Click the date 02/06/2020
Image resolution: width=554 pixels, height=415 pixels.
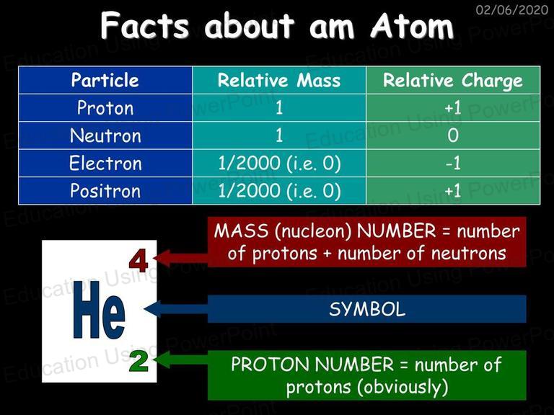pos(512,9)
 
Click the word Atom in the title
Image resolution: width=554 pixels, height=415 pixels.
pos(412,26)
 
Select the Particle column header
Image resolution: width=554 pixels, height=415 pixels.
pos(105,80)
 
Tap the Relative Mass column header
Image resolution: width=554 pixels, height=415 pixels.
pos(279,80)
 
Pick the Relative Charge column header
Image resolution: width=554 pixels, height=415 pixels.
pos(453,81)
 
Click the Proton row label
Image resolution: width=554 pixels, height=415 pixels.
pos(105,107)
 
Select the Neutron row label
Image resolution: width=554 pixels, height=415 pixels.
pos(105,135)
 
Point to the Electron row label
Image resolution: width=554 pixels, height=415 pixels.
pos(105,164)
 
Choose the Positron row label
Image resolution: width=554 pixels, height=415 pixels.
pos(105,191)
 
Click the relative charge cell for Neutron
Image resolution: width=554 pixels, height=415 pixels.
pos(453,135)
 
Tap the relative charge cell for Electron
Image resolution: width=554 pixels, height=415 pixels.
pos(453,164)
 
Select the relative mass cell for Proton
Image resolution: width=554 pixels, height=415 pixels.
pos(279,107)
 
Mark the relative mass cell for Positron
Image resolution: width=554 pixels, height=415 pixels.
pos(279,191)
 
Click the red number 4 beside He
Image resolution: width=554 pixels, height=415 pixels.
pos(138,261)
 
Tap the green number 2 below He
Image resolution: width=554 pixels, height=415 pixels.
pos(138,362)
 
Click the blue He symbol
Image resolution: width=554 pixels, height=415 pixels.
pos(99,310)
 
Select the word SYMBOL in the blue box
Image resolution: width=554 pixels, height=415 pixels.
pos(367,310)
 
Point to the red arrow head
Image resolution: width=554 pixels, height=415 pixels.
pos(162,258)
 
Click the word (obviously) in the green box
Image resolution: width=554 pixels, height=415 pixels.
pos(403,388)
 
